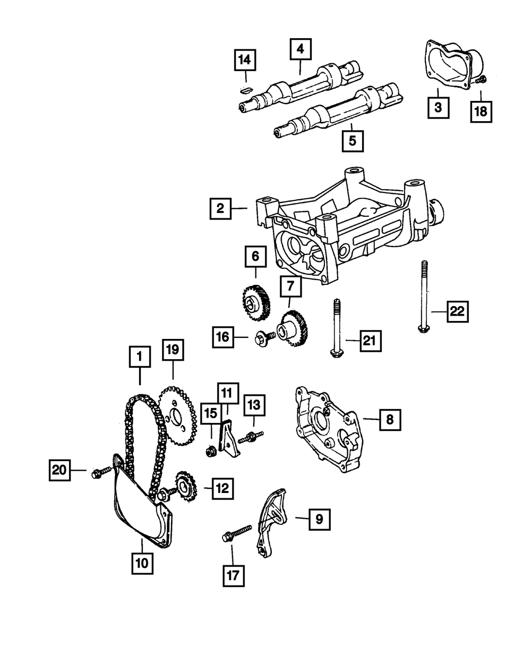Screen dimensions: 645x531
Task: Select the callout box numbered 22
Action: tap(457, 312)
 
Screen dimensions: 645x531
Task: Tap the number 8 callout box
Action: tap(390, 419)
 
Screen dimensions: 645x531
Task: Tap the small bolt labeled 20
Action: tap(101, 471)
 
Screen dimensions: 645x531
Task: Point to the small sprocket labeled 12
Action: tap(184, 486)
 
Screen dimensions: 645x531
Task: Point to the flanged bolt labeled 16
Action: tap(263, 338)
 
